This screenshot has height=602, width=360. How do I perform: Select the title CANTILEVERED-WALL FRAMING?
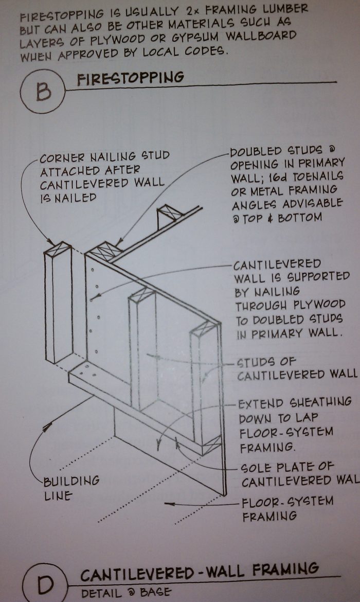(199, 570)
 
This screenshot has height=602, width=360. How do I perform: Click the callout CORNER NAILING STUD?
(104, 155)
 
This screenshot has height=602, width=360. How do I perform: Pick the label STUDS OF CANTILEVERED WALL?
(296, 368)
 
